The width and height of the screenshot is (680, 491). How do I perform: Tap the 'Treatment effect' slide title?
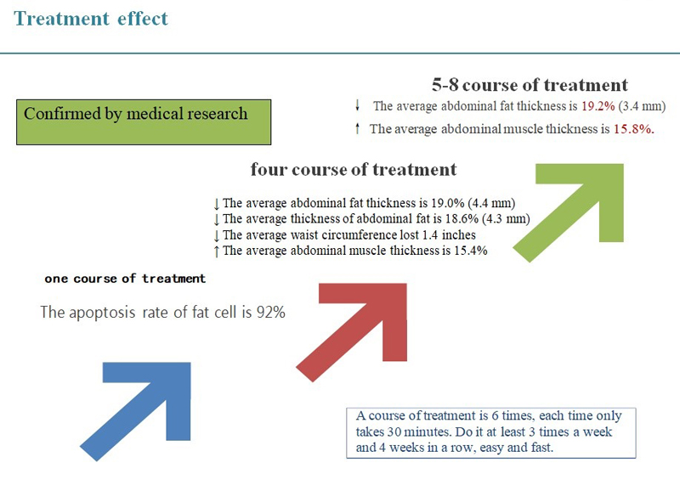(91, 19)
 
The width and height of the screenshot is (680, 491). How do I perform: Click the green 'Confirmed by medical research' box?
(144, 122)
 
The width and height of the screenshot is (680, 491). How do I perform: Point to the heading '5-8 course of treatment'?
(530, 85)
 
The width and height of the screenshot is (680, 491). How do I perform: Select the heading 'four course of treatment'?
(354, 169)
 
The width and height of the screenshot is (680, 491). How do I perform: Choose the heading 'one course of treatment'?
(125, 279)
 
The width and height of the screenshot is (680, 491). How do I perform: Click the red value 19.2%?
(598, 106)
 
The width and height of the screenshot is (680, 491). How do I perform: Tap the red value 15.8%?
(633, 129)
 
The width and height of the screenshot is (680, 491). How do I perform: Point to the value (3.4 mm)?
(642, 106)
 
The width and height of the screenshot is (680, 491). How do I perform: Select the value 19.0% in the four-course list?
(448, 203)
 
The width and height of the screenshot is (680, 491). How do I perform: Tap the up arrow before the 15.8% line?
(357, 128)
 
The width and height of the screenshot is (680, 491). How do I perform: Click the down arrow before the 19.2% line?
(358, 104)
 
